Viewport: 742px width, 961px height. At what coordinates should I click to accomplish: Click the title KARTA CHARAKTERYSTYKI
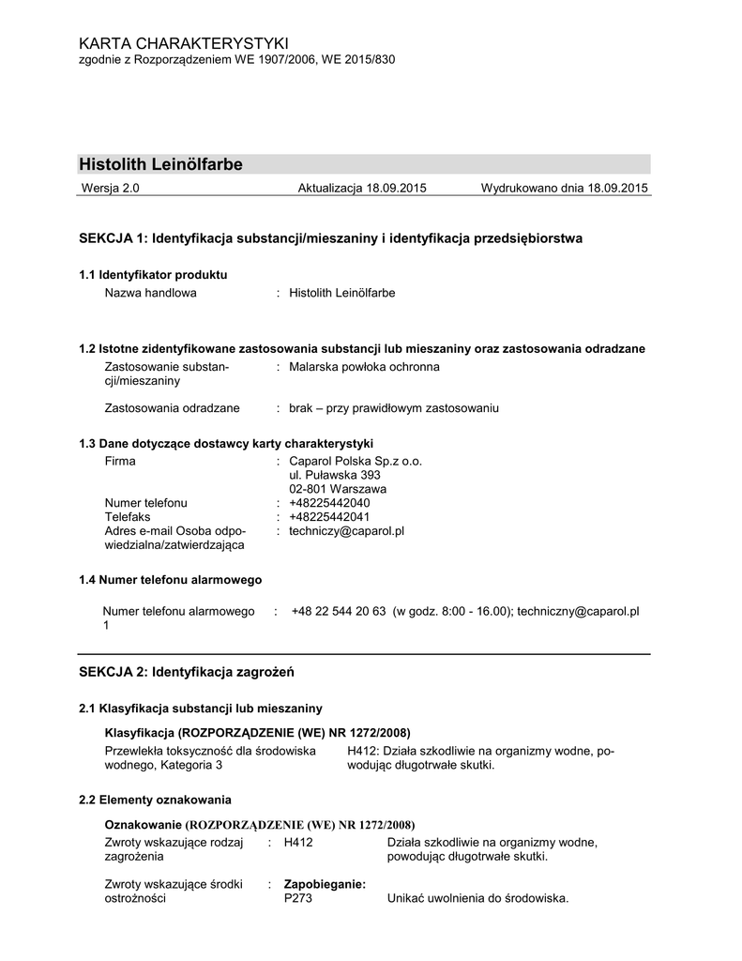[184, 44]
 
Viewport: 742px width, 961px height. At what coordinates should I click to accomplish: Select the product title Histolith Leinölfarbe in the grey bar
[160, 164]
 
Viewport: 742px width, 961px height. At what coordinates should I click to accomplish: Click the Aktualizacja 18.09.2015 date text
[362, 189]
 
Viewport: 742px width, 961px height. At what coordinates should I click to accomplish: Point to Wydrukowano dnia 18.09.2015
[565, 189]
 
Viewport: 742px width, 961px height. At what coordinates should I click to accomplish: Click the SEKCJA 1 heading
[330, 238]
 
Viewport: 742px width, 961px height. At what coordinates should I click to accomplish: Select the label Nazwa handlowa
[150, 293]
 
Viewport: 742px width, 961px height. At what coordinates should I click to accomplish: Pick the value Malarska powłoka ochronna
[364, 367]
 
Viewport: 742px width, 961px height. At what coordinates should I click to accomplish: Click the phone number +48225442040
[329, 503]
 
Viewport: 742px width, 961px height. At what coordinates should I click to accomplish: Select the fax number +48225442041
[329, 516]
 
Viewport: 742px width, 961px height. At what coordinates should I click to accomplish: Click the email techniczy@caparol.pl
[346, 530]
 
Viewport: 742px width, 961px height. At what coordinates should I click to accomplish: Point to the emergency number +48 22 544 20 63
[339, 611]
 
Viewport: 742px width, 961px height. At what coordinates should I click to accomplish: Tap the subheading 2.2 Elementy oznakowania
[155, 800]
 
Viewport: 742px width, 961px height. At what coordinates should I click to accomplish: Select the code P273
[298, 898]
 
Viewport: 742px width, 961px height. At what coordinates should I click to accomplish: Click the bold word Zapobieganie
[325, 884]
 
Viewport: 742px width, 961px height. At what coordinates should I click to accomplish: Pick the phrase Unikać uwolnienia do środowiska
[477, 898]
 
